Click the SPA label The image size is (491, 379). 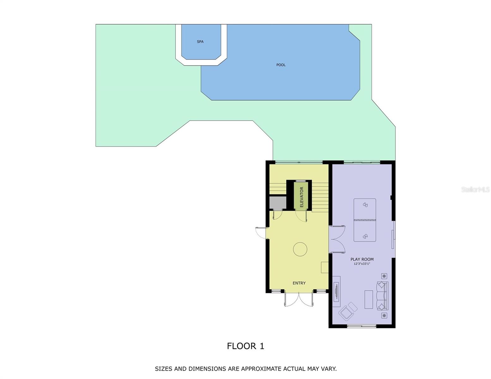(200, 42)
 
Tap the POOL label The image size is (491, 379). (281, 65)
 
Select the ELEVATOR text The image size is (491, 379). (301, 197)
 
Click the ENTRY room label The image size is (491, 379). (299, 283)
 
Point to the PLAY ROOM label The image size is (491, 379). (362, 259)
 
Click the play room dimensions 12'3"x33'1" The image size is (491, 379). (362, 264)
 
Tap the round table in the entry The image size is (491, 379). (300, 249)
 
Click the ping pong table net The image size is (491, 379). (365, 220)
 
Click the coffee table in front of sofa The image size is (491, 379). (369, 299)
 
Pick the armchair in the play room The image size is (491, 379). (348, 311)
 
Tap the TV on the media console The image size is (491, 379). (336, 292)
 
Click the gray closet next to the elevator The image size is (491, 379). (277, 203)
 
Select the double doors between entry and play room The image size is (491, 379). (337, 239)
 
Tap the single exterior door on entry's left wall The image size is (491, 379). (261, 233)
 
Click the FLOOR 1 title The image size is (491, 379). (245, 346)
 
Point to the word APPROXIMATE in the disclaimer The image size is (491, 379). (261, 369)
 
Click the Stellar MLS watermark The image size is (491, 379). (475, 189)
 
